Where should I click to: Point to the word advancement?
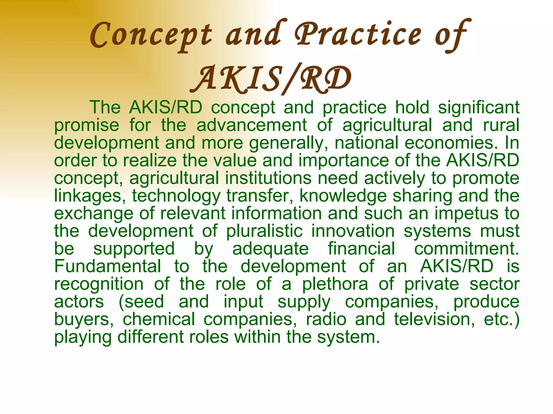tap(252, 125)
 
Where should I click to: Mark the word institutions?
tap(268, 178)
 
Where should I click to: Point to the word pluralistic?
tap(264, 231)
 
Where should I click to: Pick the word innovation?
tap(353, 231)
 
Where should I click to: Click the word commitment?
tap(467, 249)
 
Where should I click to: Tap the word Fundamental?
tap(108, 266)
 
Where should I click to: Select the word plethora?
tap(335, 284)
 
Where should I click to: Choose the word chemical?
tap(159, 319)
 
